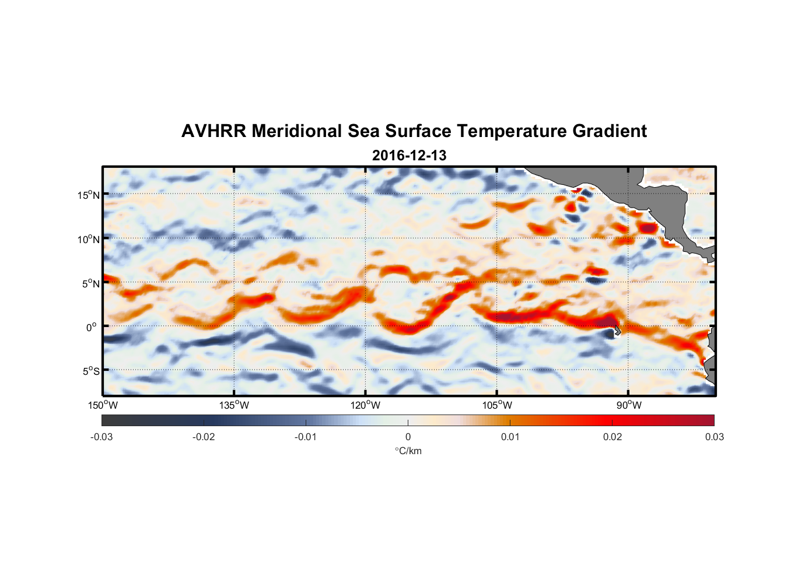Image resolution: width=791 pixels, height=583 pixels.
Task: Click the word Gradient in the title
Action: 609,131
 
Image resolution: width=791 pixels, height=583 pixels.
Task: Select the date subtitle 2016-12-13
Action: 409,156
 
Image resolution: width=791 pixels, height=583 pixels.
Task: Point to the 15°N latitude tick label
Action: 89,195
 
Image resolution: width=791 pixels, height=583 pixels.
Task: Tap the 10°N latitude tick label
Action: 89,239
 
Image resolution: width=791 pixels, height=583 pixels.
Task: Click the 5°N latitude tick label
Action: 90,283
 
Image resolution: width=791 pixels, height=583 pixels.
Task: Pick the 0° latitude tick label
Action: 92,327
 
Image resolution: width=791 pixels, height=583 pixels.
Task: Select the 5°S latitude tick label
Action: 90,371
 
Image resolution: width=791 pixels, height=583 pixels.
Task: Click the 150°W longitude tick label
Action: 103,405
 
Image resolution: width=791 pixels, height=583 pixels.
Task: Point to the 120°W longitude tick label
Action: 365,405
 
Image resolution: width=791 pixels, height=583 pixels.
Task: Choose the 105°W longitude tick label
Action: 497,405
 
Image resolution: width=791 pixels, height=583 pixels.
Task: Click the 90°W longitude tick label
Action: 629,405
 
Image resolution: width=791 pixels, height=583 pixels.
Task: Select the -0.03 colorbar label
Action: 101,437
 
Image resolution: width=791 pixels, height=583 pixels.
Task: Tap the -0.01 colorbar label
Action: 306,437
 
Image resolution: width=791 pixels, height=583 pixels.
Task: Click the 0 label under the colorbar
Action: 408,437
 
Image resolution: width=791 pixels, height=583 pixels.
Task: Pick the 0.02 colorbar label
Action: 612,437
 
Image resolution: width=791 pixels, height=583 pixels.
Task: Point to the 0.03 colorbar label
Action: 714,437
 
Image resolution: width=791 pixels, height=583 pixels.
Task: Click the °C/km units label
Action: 408,451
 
